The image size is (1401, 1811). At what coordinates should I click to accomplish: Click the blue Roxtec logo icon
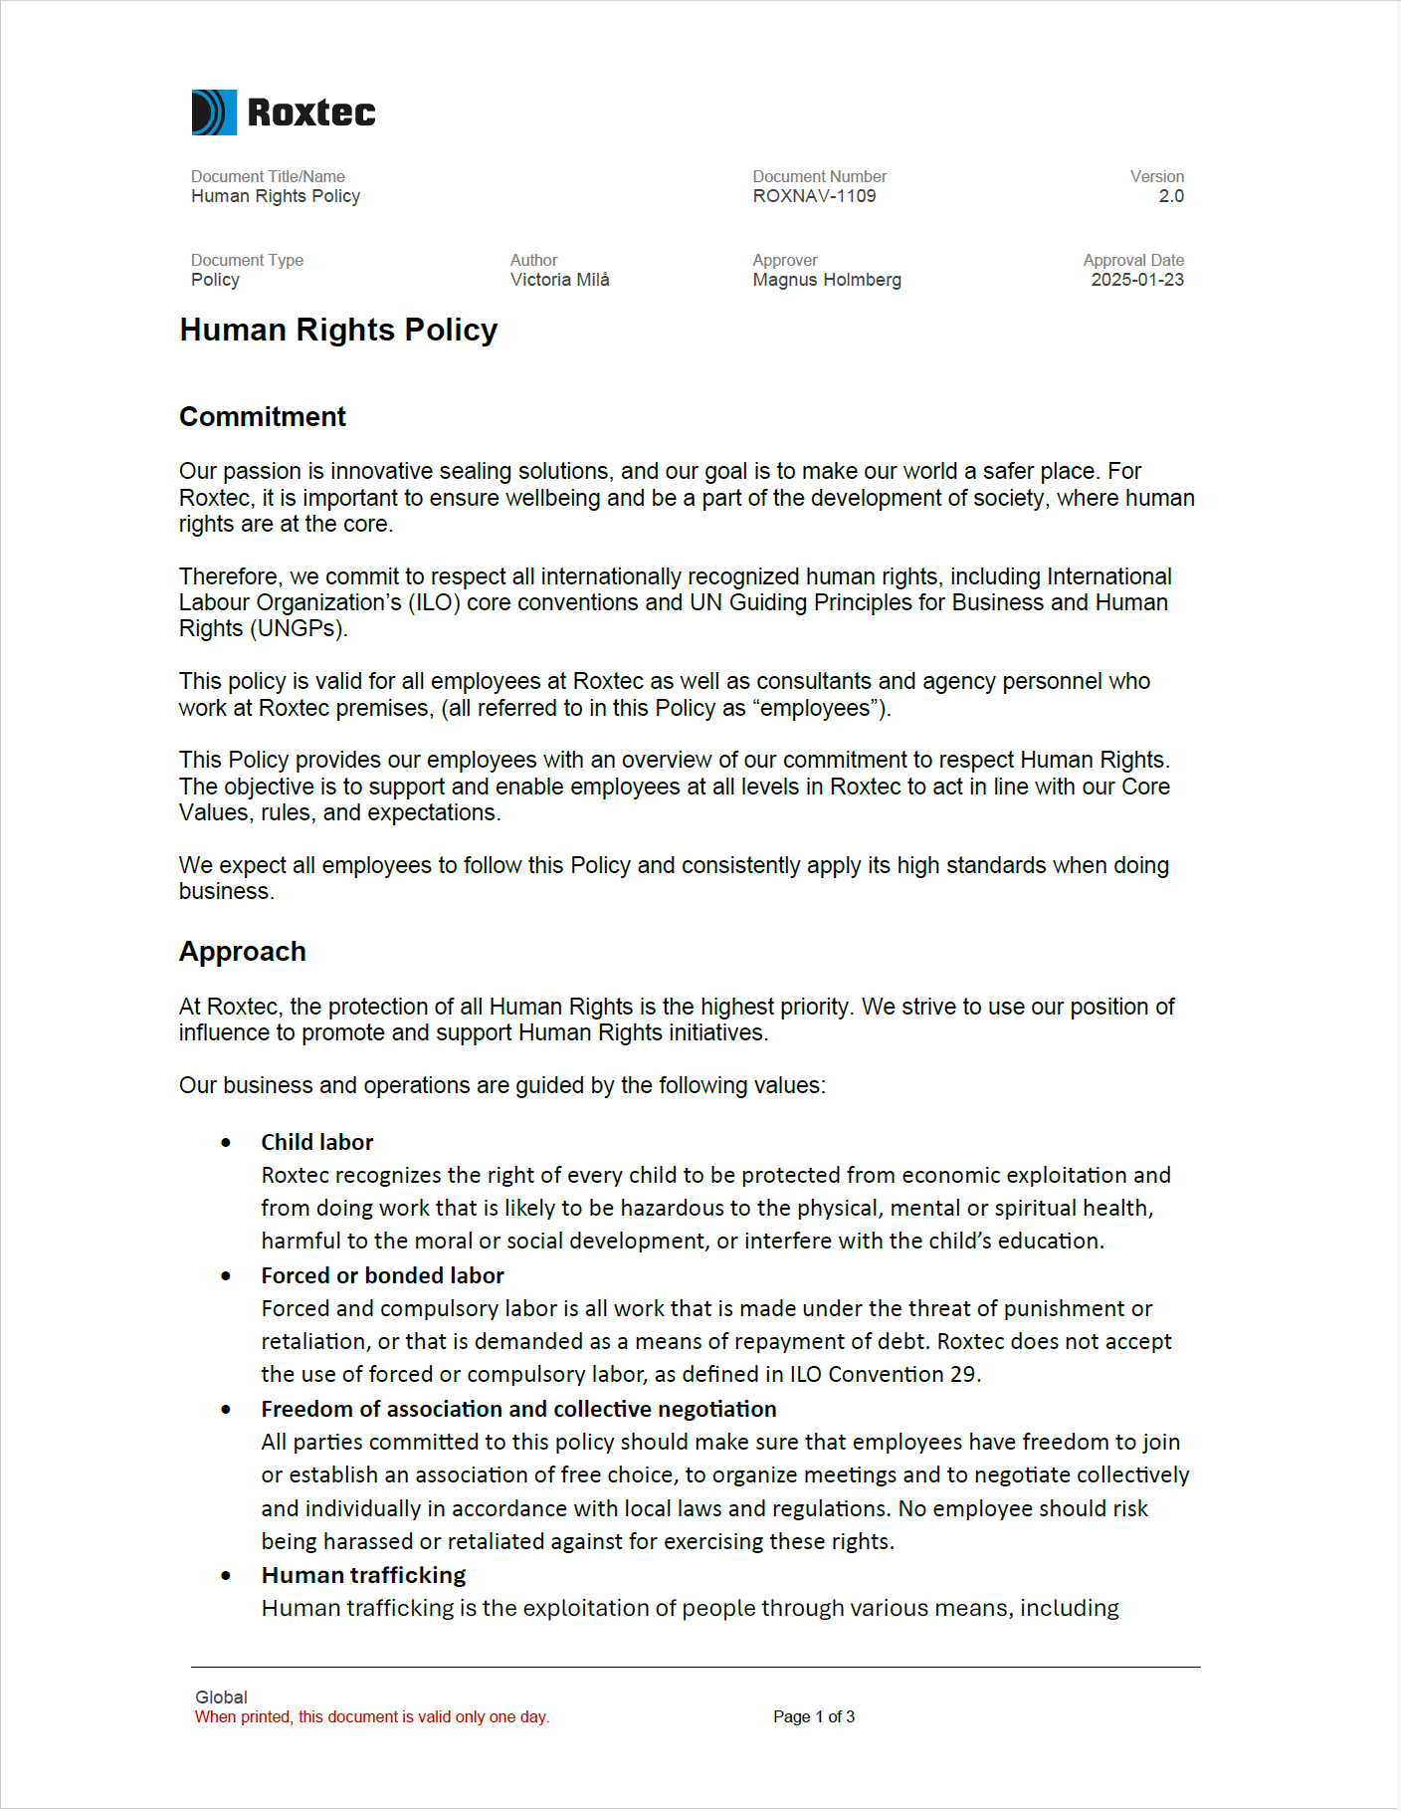click(214, 113)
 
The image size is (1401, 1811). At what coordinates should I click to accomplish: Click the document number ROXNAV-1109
click(814, 196)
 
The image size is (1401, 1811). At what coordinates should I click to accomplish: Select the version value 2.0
click(1170, 196)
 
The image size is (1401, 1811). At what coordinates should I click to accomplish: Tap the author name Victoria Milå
click(559, 280)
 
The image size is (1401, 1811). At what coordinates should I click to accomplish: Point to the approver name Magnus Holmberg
click(826, 280)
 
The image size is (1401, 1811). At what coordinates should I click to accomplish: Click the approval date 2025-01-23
click(1136, 280)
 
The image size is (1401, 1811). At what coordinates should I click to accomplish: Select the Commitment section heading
click(262, 416)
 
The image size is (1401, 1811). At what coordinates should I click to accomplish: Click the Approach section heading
click(242, 952)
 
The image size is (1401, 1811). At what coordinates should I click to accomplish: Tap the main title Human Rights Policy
click(338, 330)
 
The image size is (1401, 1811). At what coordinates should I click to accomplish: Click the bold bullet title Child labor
click(316, 1142)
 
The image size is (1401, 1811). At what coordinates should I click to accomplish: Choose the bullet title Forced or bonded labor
click(382, 1275)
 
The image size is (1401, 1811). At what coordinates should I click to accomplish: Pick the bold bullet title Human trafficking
click(363, 1575)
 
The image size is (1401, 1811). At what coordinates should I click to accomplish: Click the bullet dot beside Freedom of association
click(226, 1410)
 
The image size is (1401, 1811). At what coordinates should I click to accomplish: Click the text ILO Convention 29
click(884, 1375)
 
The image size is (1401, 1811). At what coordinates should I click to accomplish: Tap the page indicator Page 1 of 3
click(813, 1716)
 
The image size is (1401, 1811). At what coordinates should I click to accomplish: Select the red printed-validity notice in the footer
click(371, 1716)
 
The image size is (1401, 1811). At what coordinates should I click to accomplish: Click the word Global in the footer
click(221, 1697)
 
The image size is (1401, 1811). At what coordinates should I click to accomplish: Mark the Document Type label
click(247, 260)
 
